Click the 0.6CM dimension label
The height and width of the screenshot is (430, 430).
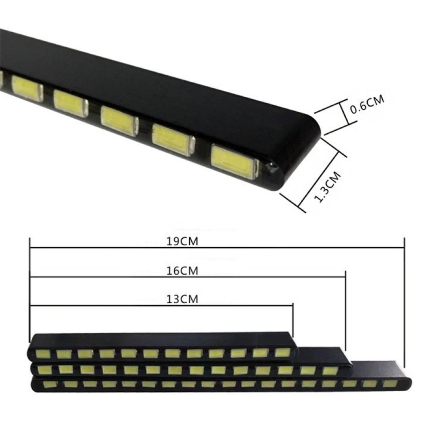point(367,104)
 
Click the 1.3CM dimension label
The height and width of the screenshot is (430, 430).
point(327,187)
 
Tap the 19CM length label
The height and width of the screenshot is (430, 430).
point(182,242)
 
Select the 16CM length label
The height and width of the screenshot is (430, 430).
point(182,271)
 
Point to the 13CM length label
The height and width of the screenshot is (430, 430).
point(182,299)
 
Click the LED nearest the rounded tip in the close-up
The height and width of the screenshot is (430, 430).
point(235,162)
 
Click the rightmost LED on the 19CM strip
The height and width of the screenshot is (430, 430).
point(390,384)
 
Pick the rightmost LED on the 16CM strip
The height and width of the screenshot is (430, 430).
point(330,371)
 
